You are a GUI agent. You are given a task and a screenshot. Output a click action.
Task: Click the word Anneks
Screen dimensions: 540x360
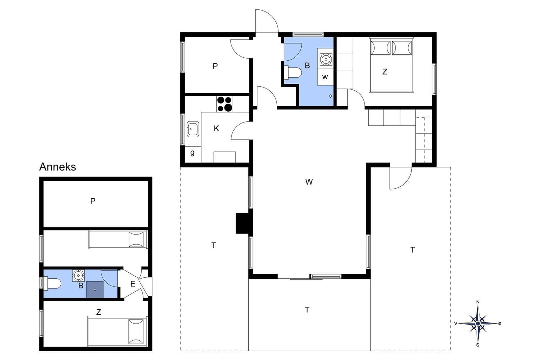58,167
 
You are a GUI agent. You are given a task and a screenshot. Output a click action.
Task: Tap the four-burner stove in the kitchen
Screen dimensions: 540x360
225,104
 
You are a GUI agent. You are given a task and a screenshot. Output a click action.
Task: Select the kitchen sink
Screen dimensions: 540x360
193,129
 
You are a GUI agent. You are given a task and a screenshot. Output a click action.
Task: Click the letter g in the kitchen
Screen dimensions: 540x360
192,153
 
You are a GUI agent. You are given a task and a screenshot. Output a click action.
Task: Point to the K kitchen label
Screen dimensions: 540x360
216,129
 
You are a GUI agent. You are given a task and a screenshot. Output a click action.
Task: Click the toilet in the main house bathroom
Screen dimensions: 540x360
293,73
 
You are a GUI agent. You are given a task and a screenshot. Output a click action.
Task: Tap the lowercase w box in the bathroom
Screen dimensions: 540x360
325,77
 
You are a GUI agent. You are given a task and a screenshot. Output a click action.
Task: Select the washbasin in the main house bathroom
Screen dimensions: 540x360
326,59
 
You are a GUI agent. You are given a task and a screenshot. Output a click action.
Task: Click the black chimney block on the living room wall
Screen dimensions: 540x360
244,223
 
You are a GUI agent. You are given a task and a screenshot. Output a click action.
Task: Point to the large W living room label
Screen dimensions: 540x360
309,182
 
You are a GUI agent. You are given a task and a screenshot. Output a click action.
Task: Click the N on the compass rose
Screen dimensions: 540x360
478,302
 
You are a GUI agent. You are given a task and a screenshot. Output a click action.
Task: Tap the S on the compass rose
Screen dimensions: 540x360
478,345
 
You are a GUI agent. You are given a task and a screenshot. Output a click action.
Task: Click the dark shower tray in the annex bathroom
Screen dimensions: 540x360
95,289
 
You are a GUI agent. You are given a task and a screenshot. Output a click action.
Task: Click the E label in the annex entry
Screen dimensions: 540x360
133,284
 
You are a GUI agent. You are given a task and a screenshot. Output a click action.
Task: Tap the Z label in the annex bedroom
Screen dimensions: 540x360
98,312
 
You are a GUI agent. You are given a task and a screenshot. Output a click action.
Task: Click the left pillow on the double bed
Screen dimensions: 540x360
380,48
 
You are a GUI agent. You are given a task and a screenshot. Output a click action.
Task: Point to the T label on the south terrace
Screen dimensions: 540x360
307,310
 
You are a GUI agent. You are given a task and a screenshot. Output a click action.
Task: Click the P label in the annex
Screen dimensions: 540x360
92,201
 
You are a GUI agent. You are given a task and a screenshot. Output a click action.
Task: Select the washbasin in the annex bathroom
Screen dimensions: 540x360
78,275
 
